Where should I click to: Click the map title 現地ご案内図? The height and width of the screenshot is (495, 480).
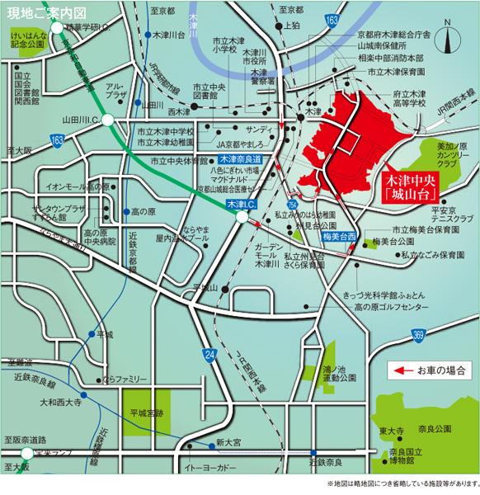pos(41,12)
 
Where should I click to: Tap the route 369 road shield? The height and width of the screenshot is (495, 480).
pos(418,334)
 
